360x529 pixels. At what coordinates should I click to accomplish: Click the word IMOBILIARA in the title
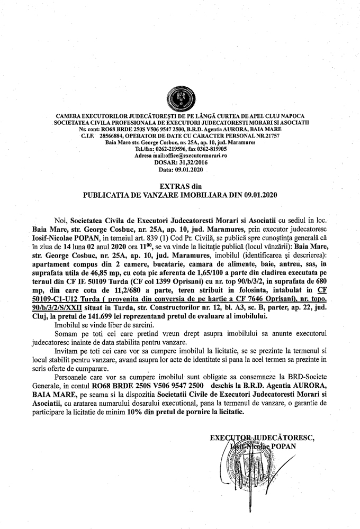186,195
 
